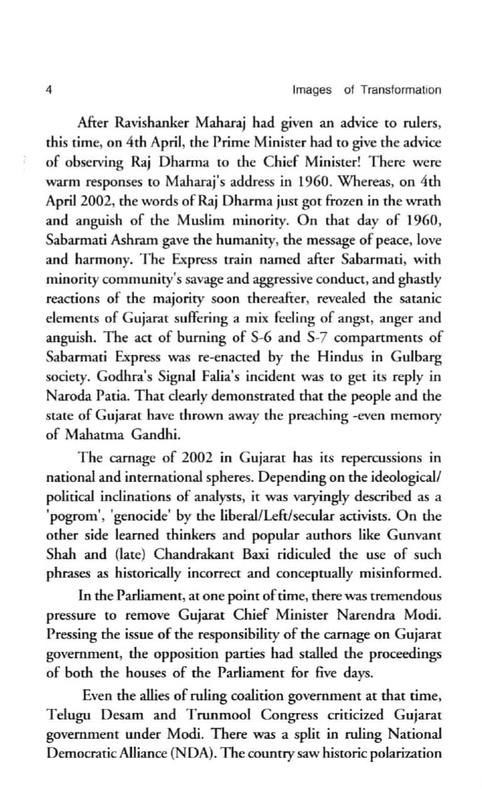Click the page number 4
pyautogui.click(x=49, y=90)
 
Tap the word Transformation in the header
pyautogui.click(x=401, y=90)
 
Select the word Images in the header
pyautogui.click(x=312, y=90)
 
